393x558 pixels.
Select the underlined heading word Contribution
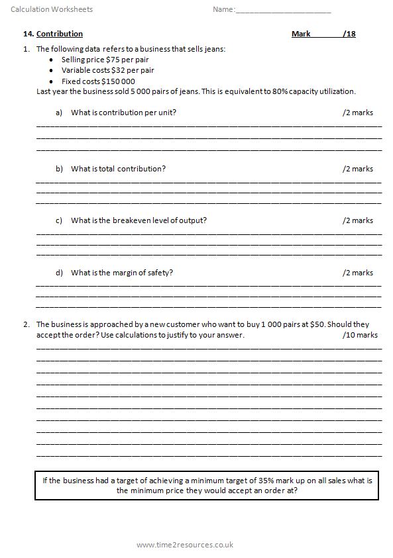[60, 34]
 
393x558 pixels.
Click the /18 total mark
[349, 34]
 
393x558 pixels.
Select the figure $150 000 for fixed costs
[117, 81]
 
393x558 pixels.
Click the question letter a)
[59, 113]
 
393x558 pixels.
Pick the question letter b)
[59, 169]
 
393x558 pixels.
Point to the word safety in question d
[159, 273]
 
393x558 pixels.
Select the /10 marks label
[360, 335]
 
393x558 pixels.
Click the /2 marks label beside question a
[358, 113]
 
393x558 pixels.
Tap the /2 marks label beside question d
[358, 273]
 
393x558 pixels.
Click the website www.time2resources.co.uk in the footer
[185, 545]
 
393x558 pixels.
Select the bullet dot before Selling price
[52, 60]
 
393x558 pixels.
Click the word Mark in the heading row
[301, 34]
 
